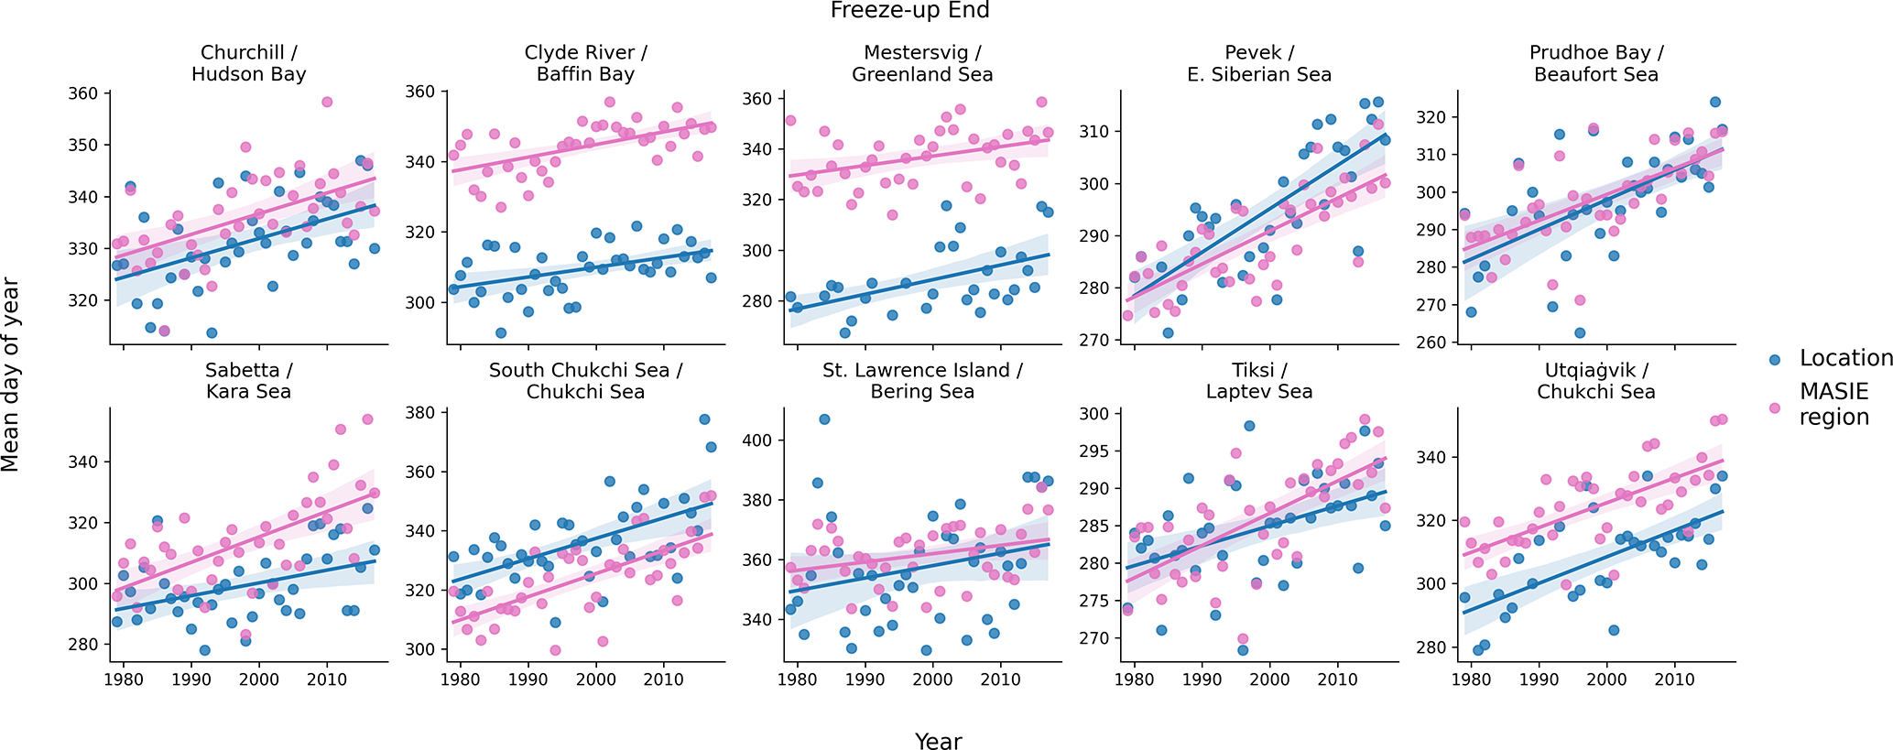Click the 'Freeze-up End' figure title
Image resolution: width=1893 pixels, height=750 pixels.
pyautogui.click(x=909, y=11)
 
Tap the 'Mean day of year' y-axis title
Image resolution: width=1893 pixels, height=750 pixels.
pyautogui.click(x=11, y=375)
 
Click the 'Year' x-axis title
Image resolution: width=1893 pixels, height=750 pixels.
pyautogui.click(x=938, y=741)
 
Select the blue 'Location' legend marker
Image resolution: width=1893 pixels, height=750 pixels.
pyautogui.click(x=1775, y=360)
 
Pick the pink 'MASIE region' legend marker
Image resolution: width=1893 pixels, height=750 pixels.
pyautogui.click(x=1775, y=408)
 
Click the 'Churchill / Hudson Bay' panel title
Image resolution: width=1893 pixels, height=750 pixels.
pyautogui.click(x=248, y=63)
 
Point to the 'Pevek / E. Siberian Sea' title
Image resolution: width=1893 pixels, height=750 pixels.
pyautogui.click(x=1259, y=63)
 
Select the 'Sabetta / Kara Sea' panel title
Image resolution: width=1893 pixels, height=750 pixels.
pyautogui.click(x=248, y=381)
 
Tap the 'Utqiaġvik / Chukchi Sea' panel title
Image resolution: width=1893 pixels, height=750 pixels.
pyautogui.click(x=1595, y=381)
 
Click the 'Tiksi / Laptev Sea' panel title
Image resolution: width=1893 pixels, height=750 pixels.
pyautogui.click(x=1259, y=381)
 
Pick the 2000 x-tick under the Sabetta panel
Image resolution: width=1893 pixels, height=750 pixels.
pyautogui.click(x=258, y=679)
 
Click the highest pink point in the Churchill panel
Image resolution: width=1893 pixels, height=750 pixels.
pyautogui.click(x=327, y=102)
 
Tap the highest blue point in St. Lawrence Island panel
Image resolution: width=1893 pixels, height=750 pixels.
pyautogui.click(x=824, y=419)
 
